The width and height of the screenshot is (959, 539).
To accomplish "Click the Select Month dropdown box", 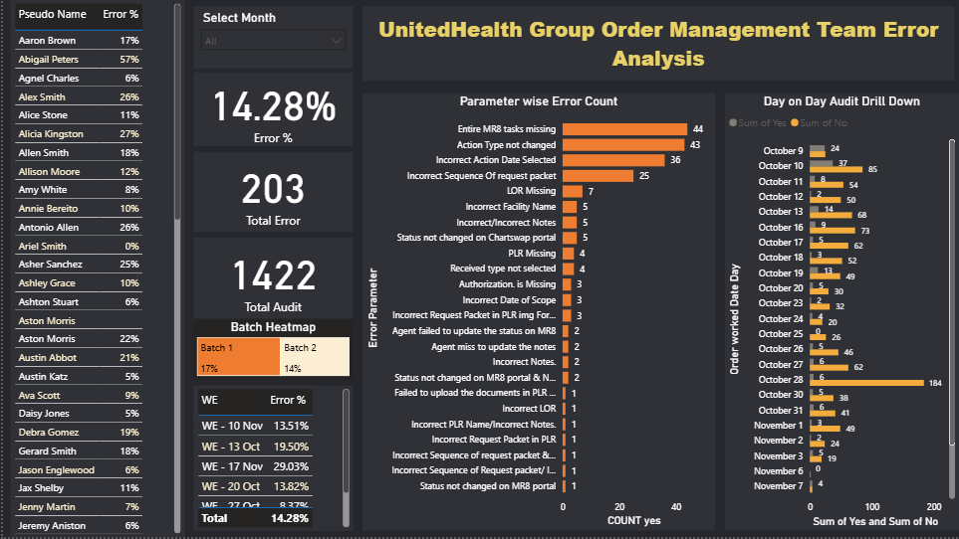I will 273,41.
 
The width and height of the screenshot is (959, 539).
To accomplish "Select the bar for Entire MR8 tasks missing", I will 624,129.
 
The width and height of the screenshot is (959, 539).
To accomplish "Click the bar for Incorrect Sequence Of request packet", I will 598,176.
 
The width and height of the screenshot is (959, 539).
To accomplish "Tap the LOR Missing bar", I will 573,191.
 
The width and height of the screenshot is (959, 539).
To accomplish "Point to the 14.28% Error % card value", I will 274,105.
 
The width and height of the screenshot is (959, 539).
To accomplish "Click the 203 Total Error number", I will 274,190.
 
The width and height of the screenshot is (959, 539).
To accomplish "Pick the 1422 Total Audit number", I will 274,275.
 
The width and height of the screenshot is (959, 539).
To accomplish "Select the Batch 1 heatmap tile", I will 238,357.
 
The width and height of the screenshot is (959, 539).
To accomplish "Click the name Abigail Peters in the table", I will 47,60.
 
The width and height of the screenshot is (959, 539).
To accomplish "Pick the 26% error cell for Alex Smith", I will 128,97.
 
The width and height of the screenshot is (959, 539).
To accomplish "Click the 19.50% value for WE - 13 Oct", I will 291,446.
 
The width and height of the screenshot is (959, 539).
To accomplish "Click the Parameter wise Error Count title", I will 538,101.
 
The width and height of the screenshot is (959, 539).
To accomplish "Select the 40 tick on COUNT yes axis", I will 676,506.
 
